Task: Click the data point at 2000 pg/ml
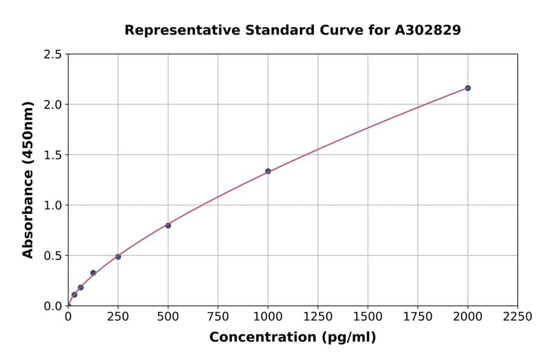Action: (x=467, y=88)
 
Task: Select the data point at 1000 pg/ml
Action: (x=268, y=171)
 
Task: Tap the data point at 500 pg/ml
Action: (x=168, y=225)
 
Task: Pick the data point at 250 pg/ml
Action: (x=118, y=257)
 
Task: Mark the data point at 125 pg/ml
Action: (x=93, y=273)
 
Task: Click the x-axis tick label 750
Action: (x=218, y=317)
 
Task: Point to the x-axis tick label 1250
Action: (x=318, y=317)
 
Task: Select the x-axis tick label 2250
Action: (x=518, y=317)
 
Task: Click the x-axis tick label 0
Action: (x=68, y=317)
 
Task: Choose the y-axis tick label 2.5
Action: (x=53, y=55)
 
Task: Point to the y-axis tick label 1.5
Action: (x=53, y=155)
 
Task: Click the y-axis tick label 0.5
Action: (x=53, y=256)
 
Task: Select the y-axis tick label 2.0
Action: (x=53, y=105)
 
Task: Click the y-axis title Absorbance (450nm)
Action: (x=28, y=179)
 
